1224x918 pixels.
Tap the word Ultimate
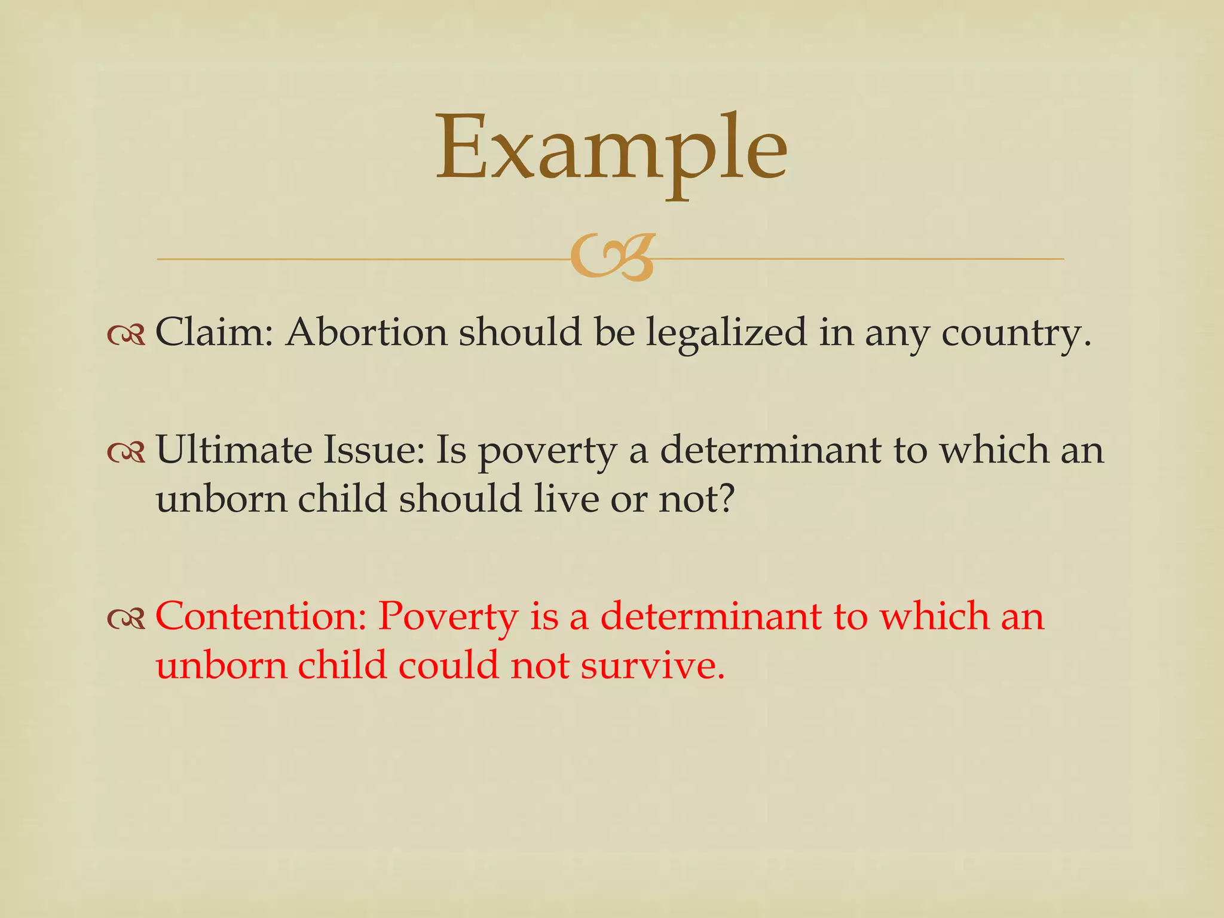pos(234,449)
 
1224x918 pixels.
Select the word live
pos(566,498)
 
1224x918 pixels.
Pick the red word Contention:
pos(261,616)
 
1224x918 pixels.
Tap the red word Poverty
pos(448,617)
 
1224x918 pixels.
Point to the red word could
pos(448,665)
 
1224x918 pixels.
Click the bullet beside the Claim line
pos(126,336)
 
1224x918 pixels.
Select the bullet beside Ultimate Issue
pos(126,454)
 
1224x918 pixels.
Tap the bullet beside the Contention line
pos(126,620)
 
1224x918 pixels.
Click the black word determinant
pos(770,449)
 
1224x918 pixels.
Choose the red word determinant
pos(711,616)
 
